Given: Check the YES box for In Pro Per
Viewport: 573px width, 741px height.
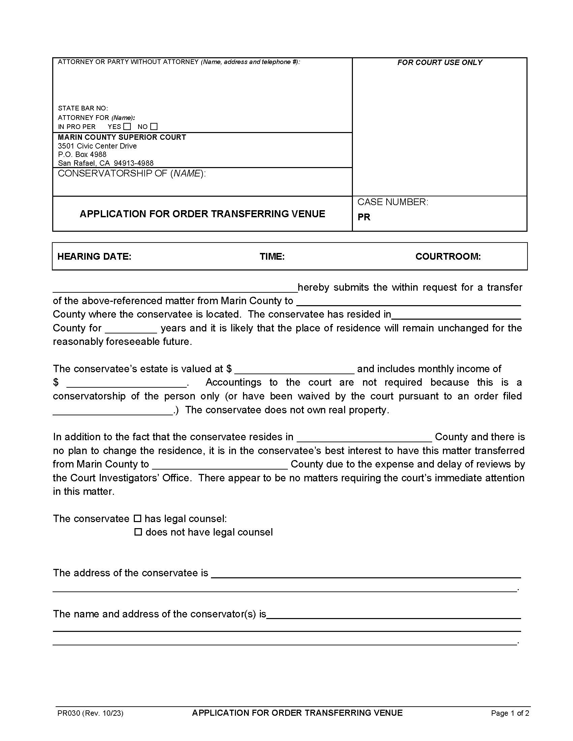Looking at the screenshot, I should point(127,127).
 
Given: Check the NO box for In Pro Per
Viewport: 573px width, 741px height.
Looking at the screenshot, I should point(154,127).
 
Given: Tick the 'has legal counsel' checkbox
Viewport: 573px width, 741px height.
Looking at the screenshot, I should point(137,518).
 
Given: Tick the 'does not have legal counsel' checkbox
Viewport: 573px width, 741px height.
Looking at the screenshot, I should point(138,532).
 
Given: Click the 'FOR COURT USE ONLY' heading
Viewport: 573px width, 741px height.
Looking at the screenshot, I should point(440,62).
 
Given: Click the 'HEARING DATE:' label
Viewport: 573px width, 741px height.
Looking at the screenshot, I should point(94,256).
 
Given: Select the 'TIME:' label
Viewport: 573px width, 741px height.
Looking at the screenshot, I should point(272,256).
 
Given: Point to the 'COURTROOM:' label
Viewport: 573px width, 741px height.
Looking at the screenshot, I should point(448,256).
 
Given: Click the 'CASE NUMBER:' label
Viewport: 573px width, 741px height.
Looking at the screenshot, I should point(392,202).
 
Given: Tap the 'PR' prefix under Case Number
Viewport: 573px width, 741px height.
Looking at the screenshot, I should point(364,217).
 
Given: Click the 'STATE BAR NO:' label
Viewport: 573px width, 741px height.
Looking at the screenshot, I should point(83,108).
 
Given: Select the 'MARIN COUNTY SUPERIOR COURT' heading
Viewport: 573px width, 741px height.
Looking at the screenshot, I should point(122,137).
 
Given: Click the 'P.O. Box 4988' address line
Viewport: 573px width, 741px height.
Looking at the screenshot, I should point(82,154).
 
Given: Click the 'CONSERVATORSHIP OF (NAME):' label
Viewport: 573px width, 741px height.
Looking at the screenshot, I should point(132,173).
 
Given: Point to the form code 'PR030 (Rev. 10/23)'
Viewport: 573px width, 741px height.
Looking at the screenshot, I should point(90,713).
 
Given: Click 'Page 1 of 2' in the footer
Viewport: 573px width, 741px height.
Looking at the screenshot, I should point(510,713).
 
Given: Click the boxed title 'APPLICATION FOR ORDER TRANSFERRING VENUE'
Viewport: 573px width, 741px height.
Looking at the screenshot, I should point(202,214).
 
